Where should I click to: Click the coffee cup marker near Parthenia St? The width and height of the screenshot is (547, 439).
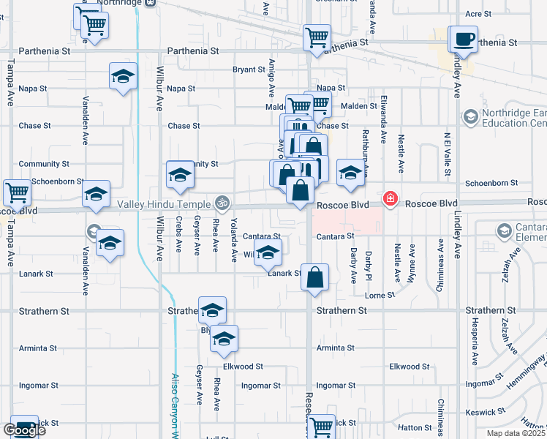point(463,39)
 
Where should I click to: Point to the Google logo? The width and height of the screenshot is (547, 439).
point(24,430)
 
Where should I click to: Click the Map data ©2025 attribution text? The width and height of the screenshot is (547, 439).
point(516,433)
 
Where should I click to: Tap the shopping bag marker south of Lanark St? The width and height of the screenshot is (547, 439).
point(314,278)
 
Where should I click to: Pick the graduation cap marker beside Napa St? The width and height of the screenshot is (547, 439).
point(124,76)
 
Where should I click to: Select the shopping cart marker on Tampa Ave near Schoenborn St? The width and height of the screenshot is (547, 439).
point(17,193)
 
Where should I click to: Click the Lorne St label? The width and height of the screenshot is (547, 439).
point(380,295)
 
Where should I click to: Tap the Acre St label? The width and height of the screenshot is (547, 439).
point(478,14)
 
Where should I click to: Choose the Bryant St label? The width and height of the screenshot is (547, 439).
point(249,70)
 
